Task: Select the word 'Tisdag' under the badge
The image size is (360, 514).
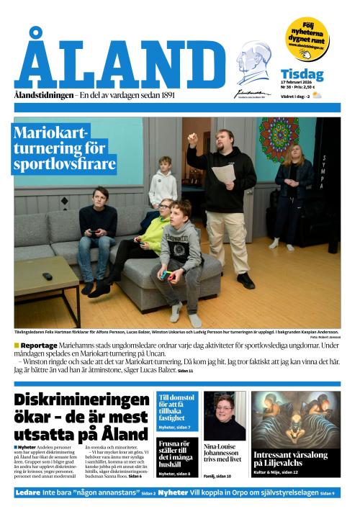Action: click(302, 74)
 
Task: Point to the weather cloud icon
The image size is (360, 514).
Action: click(316, 94)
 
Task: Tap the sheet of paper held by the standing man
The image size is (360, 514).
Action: click(224, 173)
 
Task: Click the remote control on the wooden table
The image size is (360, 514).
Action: click(47, 276)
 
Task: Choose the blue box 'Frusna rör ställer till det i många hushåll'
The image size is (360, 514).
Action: click(176, 454)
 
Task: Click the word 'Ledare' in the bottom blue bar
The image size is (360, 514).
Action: click(28, 492)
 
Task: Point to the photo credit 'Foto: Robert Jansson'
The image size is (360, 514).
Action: click(325, 337)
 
